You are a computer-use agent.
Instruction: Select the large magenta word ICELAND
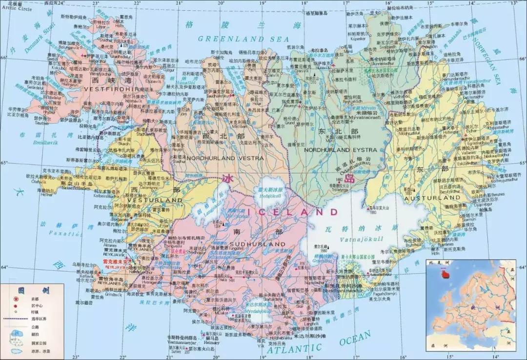pos(293,212)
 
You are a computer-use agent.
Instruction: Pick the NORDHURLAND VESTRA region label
pos(224,159)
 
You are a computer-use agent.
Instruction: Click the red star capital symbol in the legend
pos(16,299)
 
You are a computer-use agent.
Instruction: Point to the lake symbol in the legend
pos(17,335)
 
